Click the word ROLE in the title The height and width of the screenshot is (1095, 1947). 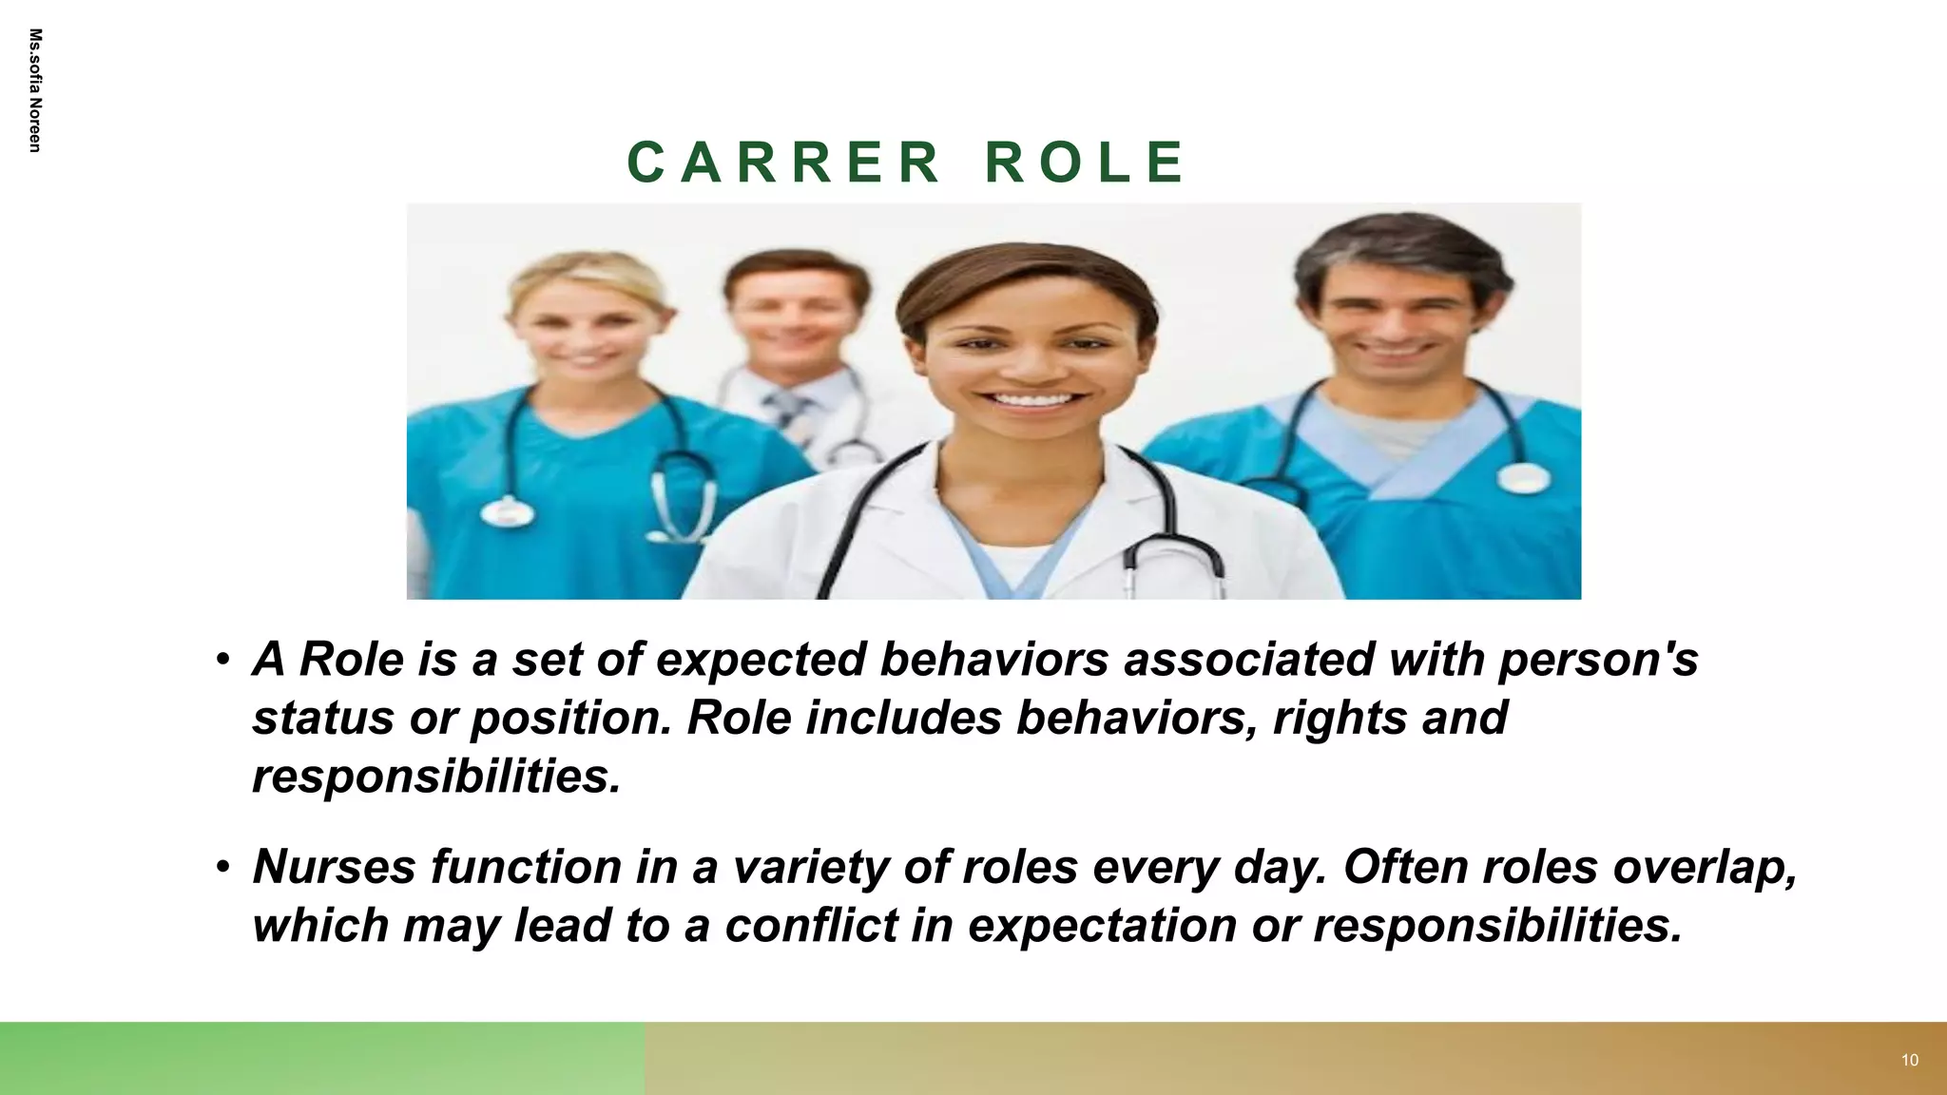1085,162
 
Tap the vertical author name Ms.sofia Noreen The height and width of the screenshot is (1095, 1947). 35,90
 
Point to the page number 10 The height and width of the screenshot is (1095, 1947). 1909,1060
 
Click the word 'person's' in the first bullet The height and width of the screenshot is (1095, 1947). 1598,660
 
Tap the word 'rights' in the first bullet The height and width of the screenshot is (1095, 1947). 1339,718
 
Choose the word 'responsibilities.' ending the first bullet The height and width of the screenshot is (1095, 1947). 436,777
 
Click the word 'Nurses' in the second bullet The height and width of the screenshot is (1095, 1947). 334,866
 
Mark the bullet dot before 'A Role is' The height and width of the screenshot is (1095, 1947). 222,659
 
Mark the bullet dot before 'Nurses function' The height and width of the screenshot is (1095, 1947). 222,866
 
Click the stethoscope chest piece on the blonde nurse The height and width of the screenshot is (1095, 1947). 507,511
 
